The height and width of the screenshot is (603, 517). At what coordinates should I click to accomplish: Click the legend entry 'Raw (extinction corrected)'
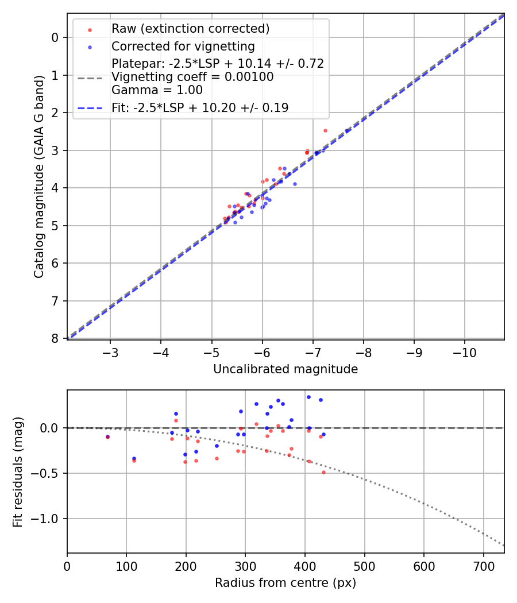tap(190, 29)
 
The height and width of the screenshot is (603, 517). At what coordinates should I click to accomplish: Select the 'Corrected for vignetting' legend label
tap(183, 46)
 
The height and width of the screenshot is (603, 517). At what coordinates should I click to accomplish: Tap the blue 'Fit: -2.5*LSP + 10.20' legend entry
tap(200, 107)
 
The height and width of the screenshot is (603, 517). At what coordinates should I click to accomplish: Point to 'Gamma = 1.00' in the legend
tap(157, 90)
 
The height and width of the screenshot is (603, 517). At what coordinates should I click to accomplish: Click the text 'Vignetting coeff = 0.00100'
tap(192, 77)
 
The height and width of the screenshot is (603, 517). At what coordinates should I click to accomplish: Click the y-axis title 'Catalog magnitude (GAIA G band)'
tap(38, 176)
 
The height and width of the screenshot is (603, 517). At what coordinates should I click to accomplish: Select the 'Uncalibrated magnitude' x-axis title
tap(285, 369)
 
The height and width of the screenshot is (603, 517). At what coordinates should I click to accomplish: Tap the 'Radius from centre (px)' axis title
tap(285, 583)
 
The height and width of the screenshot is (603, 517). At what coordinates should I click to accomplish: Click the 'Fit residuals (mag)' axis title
tap(18, 471)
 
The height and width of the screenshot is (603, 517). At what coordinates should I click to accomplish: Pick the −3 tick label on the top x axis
tap(110, 351)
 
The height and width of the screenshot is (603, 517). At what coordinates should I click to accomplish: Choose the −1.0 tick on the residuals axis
tap(48, 519)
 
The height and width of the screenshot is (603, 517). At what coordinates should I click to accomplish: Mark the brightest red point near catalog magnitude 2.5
tap(325, 130)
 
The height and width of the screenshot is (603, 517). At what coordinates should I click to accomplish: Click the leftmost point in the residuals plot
tap(107, 436)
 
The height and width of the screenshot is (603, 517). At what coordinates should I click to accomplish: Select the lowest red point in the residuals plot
tap(323, 472)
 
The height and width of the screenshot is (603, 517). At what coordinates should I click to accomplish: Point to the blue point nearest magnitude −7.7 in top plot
tap(347, 131)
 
